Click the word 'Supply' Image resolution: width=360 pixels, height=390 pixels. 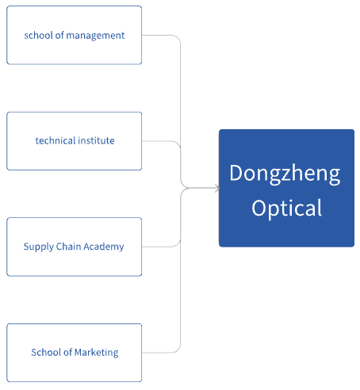[x=39, y=247]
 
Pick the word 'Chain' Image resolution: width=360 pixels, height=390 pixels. [x=68, y=247]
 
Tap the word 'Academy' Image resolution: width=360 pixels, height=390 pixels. [x=104, y=247]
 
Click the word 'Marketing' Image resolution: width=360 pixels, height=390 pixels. [x=97, y=353]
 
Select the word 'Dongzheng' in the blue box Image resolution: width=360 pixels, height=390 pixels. [x=285, y=174]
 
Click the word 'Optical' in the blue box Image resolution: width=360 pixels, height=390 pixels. [x=287, y=208]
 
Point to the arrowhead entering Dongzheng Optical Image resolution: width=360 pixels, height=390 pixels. [x=217, y=188]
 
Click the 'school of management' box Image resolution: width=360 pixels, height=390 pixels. [x=75, y=35]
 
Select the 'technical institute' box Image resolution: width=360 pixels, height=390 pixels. [x=75, y=141]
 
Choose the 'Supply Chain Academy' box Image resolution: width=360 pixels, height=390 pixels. [x=75, y=247]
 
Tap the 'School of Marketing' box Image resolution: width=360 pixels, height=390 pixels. [x=75, y=353]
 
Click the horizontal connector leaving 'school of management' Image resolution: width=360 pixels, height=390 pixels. [x=158, y=35]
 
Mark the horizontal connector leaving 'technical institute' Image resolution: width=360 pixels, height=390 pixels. [x=158, y=141]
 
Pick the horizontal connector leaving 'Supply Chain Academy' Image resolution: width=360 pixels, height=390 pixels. [x=158, y=247]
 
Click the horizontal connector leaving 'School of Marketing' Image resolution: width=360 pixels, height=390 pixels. [x=158, y=353]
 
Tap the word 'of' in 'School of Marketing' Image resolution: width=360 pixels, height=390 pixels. [x=67, y=352]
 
